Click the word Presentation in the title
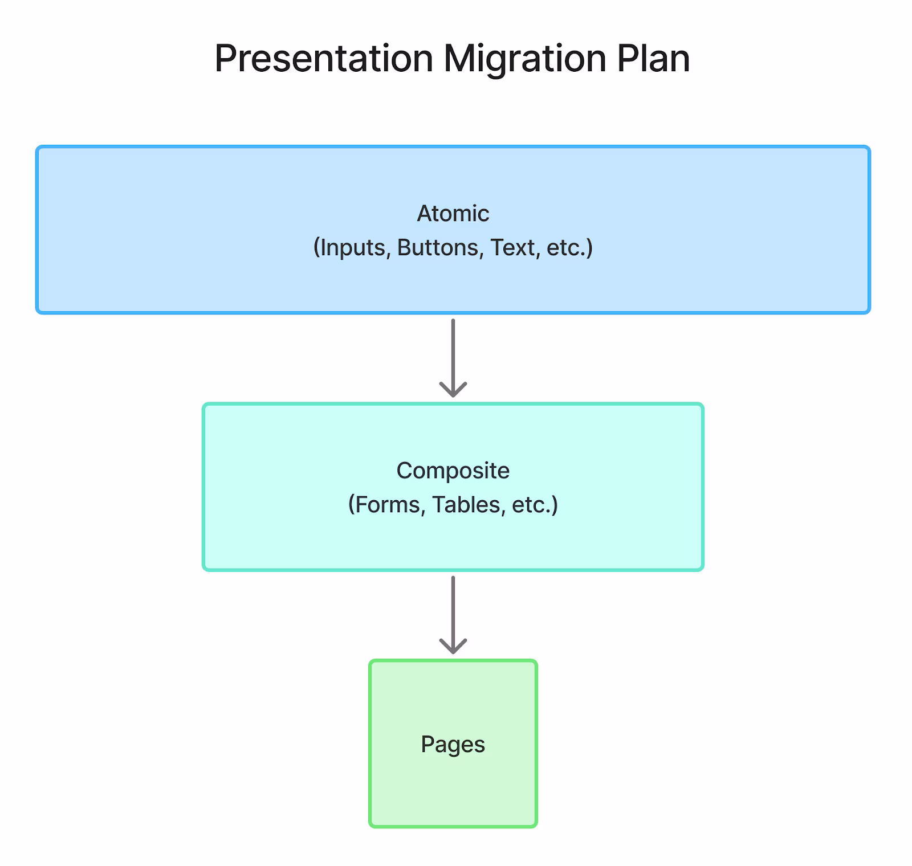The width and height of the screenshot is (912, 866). pos(324,59)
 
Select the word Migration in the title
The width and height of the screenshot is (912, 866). pos(525,59)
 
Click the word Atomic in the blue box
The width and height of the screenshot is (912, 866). pos(453,214)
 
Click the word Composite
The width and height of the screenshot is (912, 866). pos(453,471)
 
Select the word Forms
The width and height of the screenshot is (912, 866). pos(387,505)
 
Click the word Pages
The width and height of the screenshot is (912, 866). pos(453,745)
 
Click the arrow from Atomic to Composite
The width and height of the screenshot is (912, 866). pos(453,358)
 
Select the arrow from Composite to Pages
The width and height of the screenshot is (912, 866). pos(453,615)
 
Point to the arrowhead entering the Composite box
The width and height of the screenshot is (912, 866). pos(453,391)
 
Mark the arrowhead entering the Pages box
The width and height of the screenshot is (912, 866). pos(453,647)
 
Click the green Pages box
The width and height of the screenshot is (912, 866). pos(453,744)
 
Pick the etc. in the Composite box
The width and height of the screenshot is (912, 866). pos(535,505)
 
